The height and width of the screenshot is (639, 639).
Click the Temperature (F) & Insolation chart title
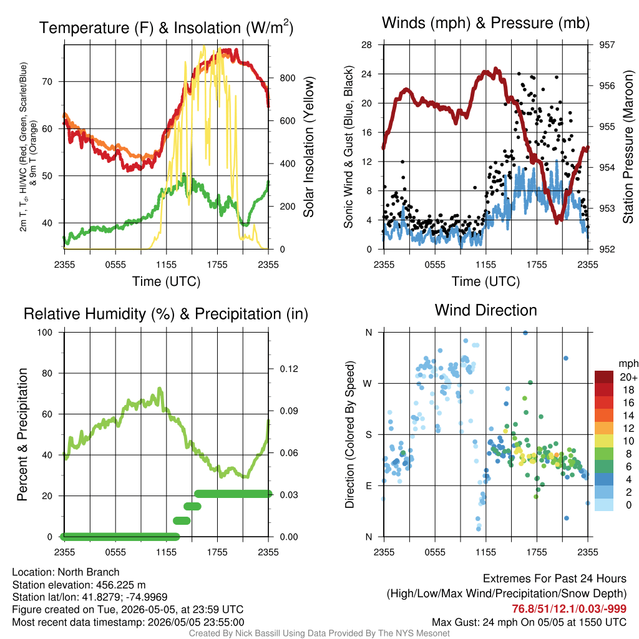[166, 27]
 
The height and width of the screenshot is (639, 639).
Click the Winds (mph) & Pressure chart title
[485, 23]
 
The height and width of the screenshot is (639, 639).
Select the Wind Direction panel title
[485, 310]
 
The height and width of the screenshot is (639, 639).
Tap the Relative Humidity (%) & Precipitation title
[166, 315]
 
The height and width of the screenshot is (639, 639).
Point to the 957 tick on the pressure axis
[607, 45]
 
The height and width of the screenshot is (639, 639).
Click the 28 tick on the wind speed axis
[366, 45]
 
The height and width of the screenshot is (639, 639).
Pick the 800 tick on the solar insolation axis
[287, 78]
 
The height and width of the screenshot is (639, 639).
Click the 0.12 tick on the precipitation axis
[289, 369]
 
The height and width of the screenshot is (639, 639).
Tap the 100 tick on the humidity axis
[45, 332]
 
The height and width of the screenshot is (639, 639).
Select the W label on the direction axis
[368, 384]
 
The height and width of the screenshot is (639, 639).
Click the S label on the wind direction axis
[368, 434]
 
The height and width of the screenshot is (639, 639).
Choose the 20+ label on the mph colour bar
[628, 377]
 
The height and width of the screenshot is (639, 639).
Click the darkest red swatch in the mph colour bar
[604, 377]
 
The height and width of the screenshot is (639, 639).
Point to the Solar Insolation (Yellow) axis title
[309, 147]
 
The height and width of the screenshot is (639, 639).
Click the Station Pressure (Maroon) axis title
[628, 147]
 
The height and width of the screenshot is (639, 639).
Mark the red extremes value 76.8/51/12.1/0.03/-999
[569, 608]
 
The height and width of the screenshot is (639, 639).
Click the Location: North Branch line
[66, 572]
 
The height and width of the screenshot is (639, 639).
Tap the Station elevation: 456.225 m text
[79, 585]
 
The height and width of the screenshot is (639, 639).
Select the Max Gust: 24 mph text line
[529, 622]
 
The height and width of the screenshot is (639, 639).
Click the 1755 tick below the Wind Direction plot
[537, 552]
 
